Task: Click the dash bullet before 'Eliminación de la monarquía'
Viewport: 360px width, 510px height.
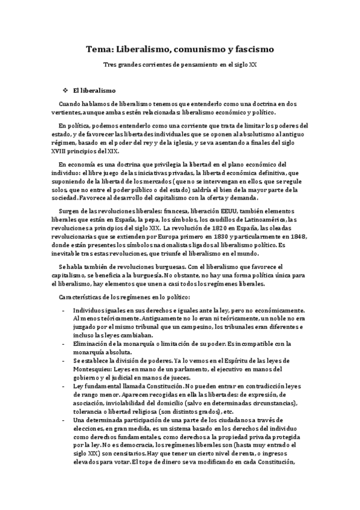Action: (64, 343)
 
